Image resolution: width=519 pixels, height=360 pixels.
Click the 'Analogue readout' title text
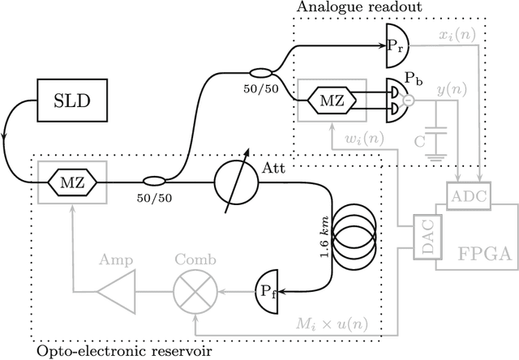pyautogui.click(x=351, y=8)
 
